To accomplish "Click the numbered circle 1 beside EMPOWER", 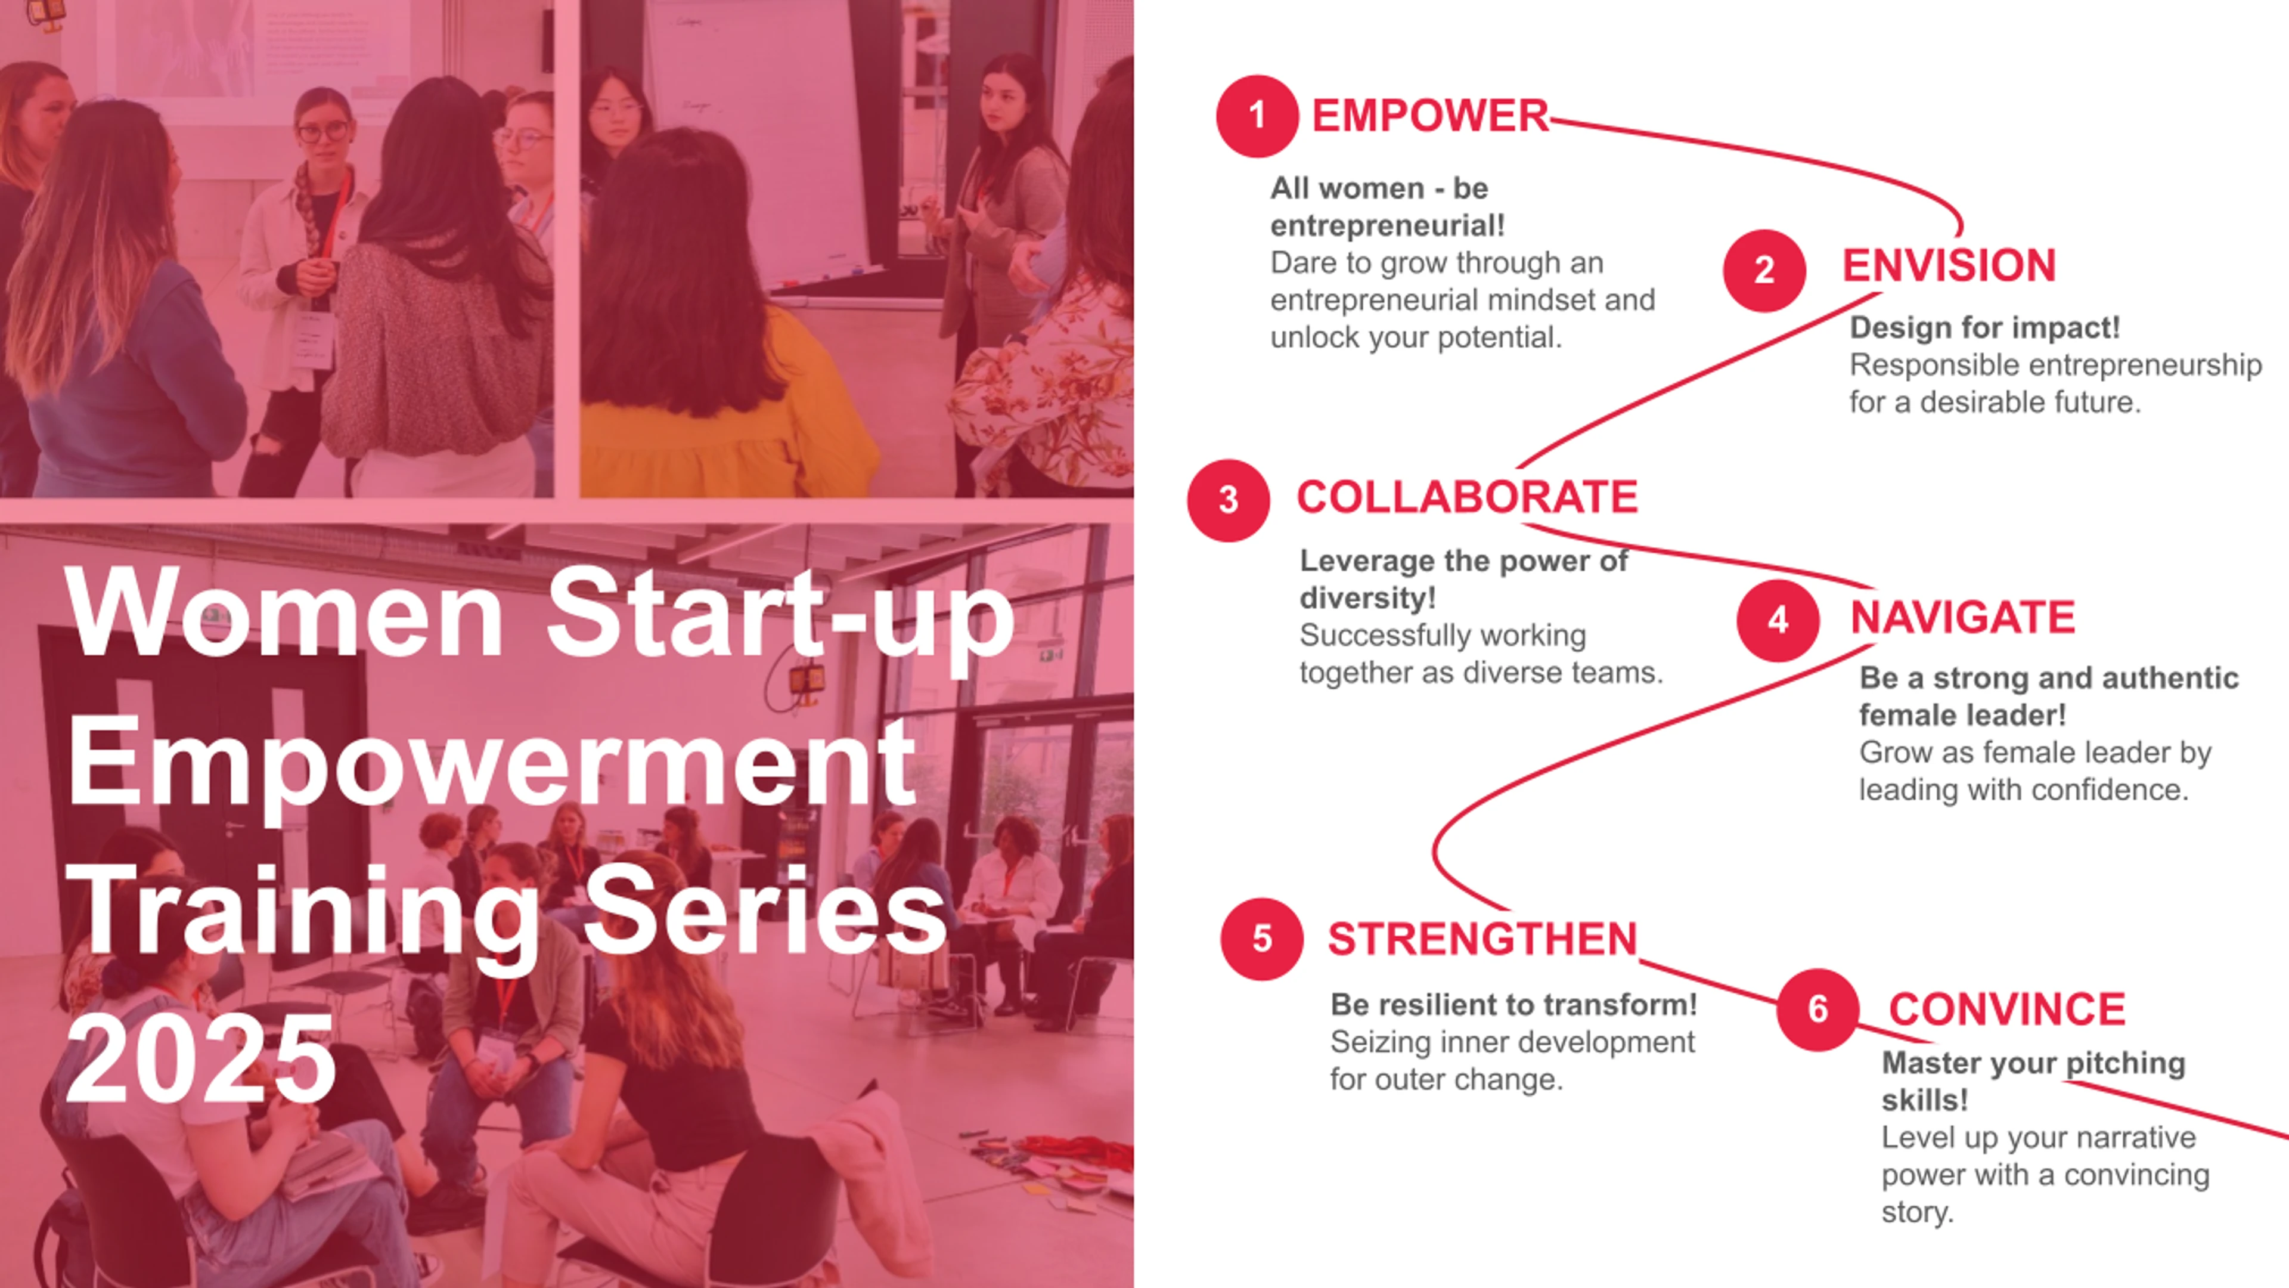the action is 1257,116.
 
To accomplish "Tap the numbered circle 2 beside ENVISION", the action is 1764,270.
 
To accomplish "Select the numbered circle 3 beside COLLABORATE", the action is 1228,500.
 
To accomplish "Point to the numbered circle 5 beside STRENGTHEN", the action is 1262,940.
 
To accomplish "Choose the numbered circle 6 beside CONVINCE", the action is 1818,1010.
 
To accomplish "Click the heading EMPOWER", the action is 1431,116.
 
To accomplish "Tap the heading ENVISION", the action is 1949,266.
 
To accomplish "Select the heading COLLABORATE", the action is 1467,497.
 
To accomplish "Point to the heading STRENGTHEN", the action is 1482,940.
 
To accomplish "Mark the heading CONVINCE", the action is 2006,1010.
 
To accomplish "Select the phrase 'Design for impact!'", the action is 1985,328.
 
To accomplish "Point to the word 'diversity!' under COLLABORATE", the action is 1367,598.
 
